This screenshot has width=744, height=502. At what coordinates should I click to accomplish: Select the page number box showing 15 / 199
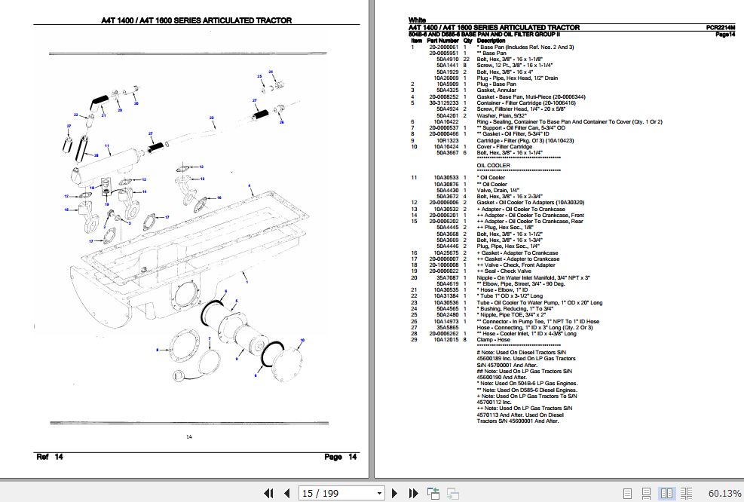[341, 494]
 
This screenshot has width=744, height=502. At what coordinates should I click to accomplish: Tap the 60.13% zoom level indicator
[724, 494]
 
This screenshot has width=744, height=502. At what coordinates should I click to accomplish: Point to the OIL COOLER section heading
[493, 165]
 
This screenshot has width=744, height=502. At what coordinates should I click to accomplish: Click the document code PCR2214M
[720, 27]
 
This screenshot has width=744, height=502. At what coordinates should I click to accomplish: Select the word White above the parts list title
[417, 20]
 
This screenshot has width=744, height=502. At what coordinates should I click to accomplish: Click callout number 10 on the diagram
[302, 341]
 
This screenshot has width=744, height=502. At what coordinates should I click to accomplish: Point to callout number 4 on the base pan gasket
[250, 185]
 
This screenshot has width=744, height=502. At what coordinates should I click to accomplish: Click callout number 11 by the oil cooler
[107, 145]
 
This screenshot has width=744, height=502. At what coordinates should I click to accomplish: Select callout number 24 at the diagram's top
[270, 72]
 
